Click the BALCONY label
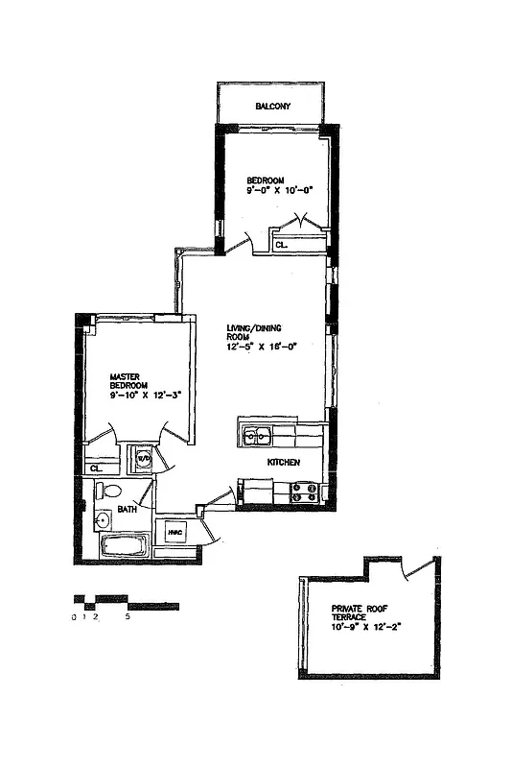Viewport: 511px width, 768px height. tap(272, 107)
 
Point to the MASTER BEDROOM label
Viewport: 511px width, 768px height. tap(127, 383)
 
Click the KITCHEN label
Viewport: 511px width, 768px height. tap(284, 463)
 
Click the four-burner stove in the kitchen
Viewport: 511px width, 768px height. tap(305, 492)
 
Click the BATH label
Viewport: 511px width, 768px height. tap(127, 509)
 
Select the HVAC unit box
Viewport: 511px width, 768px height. tap(175, 534)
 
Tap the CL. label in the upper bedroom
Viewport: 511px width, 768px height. tap(281, 246)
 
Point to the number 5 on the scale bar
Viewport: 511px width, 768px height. tap(127, 618)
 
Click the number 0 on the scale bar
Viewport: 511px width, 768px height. tap(74, 618)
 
